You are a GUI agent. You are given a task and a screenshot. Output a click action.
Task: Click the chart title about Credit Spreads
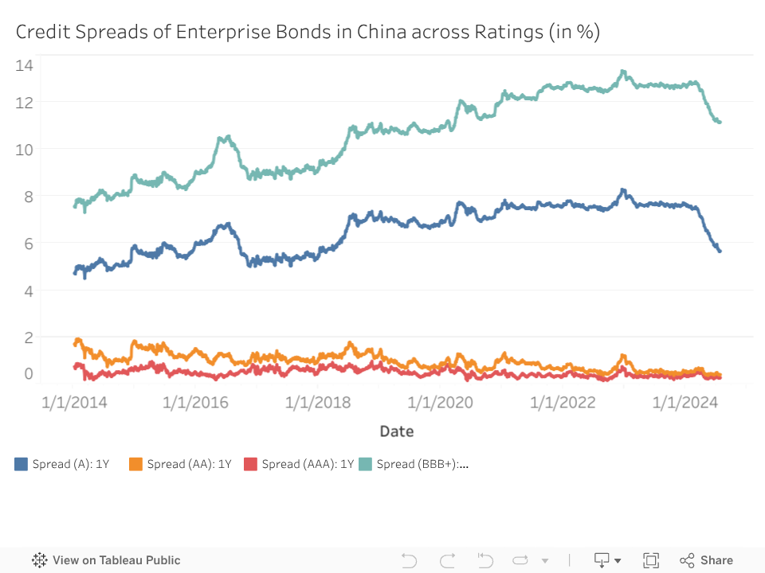point(308,32)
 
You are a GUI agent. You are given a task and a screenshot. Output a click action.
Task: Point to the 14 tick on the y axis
point(24,65)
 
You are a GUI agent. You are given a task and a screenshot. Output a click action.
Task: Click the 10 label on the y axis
point(24,149)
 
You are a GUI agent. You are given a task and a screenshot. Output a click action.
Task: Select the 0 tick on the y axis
point(29,374)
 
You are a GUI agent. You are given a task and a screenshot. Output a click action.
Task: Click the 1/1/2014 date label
point(74,403)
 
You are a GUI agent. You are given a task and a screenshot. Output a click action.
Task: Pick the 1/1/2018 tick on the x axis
point(318,403)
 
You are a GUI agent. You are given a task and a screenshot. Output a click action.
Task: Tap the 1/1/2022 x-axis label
point(563,403)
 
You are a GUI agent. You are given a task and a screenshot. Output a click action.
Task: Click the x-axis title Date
point(396,431)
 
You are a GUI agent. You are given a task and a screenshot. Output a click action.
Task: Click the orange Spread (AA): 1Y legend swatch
point(135,464)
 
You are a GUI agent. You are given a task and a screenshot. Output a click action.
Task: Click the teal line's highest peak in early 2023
point(623,72)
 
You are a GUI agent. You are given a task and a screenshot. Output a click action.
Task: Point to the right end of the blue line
point(719,251)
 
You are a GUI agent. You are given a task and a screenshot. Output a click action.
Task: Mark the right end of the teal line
point(719,122)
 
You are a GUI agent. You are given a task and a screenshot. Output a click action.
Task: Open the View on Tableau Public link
point(107,560)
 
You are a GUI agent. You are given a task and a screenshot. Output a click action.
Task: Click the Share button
point(707,560)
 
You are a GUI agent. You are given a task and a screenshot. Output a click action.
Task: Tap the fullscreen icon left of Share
point(651,560)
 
